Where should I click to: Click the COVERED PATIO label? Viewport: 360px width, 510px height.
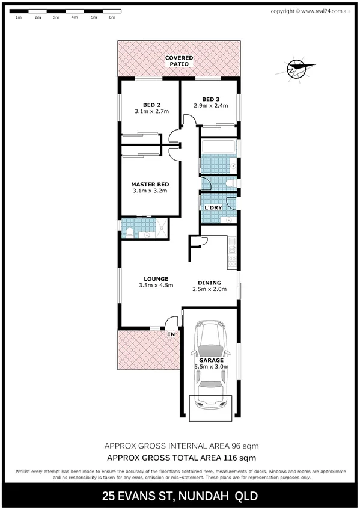point(179,60)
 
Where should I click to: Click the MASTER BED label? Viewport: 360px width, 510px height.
point(150,184)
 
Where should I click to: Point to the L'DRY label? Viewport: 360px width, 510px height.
point(213,207)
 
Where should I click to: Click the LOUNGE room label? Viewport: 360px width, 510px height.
point(156,278)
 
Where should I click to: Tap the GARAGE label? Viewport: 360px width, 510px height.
point(211,361)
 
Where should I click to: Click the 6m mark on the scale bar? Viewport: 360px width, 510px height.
point(112,17)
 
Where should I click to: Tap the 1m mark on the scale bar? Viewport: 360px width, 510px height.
point(19,17)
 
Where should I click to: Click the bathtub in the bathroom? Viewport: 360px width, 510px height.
point(218,147)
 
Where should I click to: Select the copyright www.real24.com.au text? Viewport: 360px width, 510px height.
point(311,11)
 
